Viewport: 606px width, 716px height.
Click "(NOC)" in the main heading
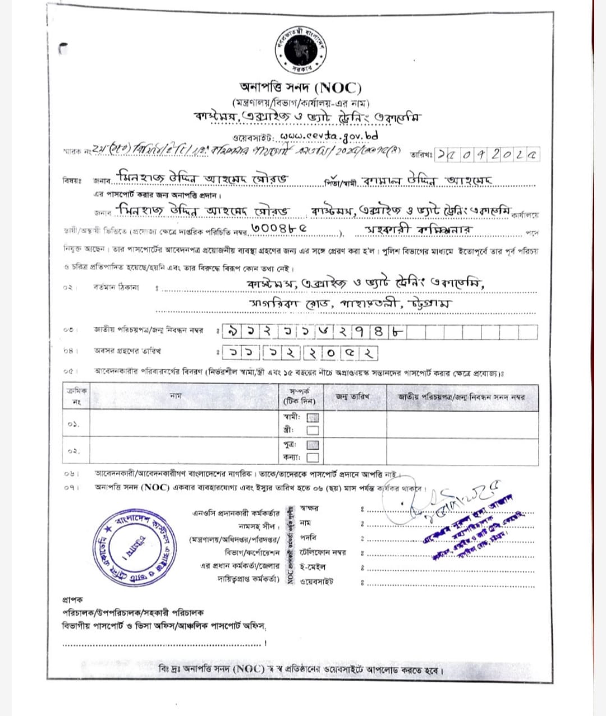pyautogui.click(x=338, y=88)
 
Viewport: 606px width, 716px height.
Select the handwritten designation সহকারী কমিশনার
pyautogui.click(x=419, y=230)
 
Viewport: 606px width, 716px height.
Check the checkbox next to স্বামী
pyautogui.click(x=313, y=418)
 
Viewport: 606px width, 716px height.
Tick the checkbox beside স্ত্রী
pyautogui.click(x=313, y=431)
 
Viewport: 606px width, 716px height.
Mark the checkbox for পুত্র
pyautogui.click(x=313, y=445)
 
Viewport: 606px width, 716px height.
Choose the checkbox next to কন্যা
pyautogui.click(x=313, y=458)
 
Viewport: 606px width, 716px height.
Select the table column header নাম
pyautogui.click(x=176, y=396)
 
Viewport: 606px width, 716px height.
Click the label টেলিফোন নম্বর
pyautogui.click(x=323, y=552)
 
